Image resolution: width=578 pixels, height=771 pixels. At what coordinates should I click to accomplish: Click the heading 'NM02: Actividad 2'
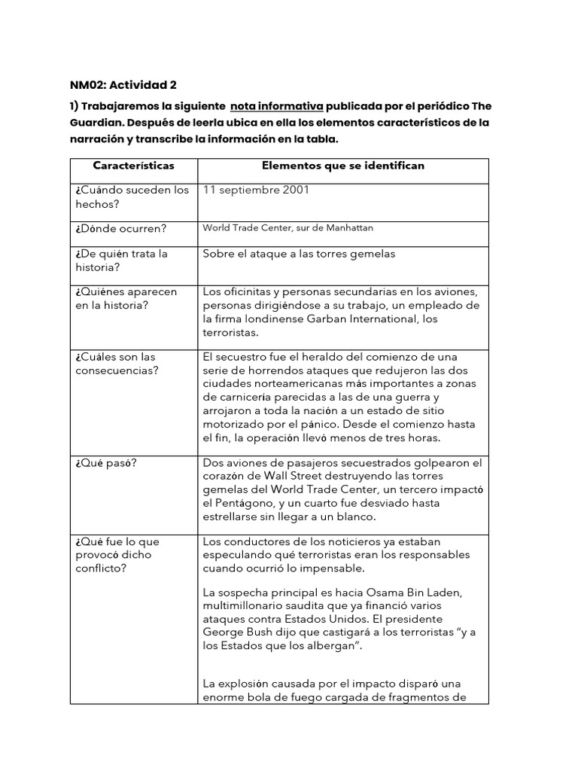(x=123, y=84)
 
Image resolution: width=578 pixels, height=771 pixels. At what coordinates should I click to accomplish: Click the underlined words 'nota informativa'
(x=277, y=105)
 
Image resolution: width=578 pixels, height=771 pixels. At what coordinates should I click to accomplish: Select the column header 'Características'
(x=133, y=165)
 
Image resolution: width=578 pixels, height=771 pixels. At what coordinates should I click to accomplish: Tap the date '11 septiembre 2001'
(x=256, y=190)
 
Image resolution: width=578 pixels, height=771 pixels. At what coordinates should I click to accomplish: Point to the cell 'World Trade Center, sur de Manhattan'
(x=287, y=227)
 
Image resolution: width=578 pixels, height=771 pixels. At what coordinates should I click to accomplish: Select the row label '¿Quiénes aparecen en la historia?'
(x=126, y=298)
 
